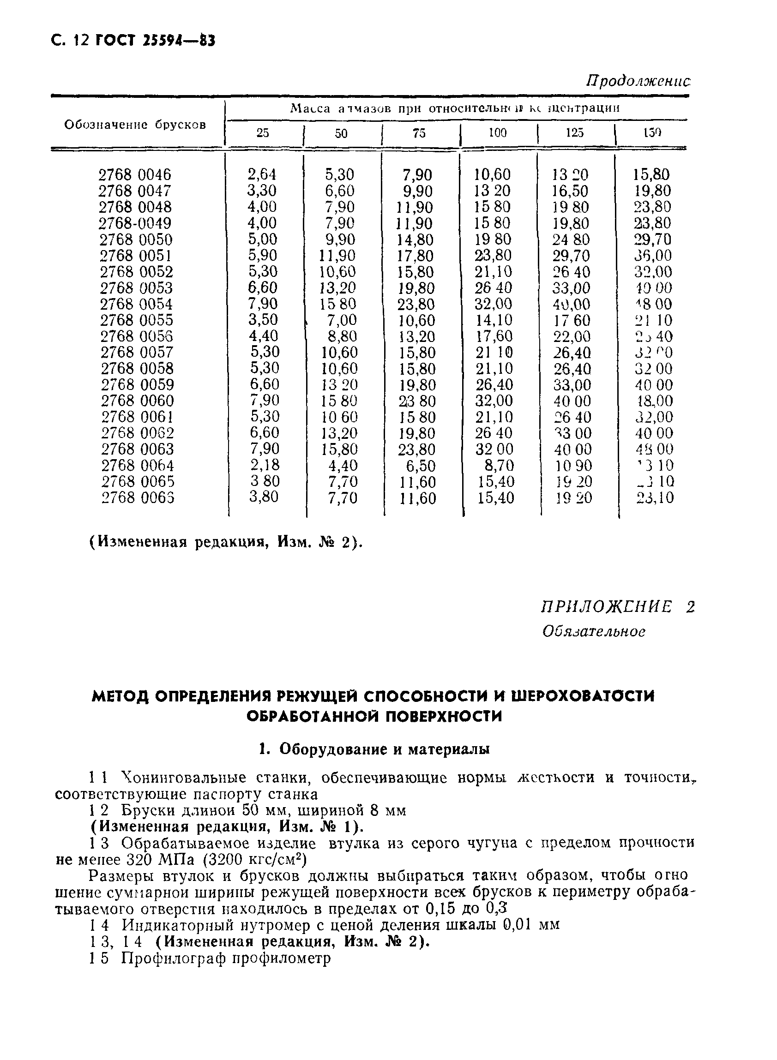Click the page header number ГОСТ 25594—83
pyautogui.click(x=155, y=41)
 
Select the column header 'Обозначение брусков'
pyautogui.click(x=135, y=125)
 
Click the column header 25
pyautogui.click(x=263, y=133)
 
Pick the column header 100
pyautogui.click(x=497, y=133)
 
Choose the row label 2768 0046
pyautogui.click(x=135, y=175)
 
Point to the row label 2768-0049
pyautogui.click(x=135, y=223)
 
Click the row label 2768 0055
pyautogui.click(x=136, y=320)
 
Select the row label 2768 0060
pyautogui.click(x=137, y=401)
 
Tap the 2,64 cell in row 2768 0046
pyautogui.click(x=262, y=174)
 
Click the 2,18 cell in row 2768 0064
pyautogui.click(x=265, y=465)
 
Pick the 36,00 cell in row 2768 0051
pyautogui.click(x=653, y=256)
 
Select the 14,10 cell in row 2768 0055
pyautogui.click(x=494, y=320)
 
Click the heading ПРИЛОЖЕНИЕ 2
pyautogui.click(x=617, y=607)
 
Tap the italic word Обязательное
pyautogui.click(x=594, y=631)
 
